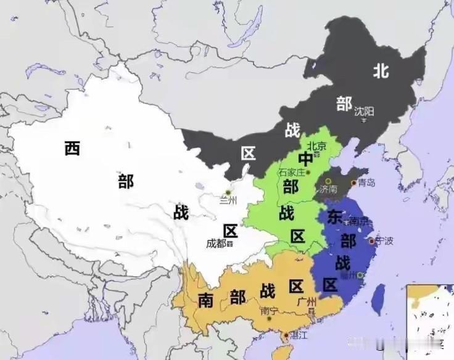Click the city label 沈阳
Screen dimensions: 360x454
point(364,112)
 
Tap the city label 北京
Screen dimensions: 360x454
point(316,146)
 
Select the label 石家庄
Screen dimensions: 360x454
point(292,173)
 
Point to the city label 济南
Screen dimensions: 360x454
point(329,189)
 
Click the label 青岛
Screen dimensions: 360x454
point(366,182)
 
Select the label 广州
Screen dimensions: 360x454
point(306,301)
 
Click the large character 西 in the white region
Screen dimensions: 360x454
point(72,149)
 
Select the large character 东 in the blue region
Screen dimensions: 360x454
point(334,217)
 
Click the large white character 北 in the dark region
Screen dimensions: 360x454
point(380,72)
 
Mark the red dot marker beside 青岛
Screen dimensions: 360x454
point(353,183)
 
